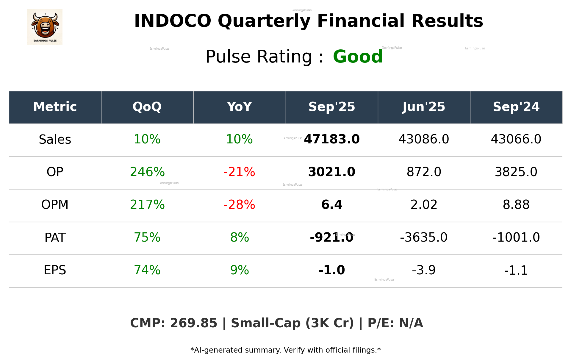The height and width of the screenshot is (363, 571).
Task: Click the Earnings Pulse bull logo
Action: tap(45, 26)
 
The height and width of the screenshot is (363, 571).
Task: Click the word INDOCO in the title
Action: tap(173, 21)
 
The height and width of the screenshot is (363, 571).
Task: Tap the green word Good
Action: tap(358, 57)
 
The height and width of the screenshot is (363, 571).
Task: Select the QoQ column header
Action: tap(147, 107)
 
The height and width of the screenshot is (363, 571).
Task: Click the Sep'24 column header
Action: tap(516, 107)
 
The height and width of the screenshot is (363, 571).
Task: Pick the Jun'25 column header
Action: tap(424, 107)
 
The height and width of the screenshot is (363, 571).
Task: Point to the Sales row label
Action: tap(55, 140)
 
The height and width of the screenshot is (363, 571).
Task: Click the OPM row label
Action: tap(55, 205)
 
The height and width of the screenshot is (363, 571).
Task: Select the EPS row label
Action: tap(55, 270)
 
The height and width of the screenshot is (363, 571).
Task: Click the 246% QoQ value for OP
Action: tap(147, 172)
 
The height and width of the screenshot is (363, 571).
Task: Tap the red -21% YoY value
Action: tap(239, 172)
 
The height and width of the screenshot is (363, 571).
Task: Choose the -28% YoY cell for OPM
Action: tap(239, 205)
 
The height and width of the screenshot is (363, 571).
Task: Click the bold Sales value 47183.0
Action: tap(332, 139)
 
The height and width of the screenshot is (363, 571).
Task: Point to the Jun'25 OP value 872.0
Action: tap(424, 172)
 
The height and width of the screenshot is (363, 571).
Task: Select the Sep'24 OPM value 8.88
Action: tap(516, 205)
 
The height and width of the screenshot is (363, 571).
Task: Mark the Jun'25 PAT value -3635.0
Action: tap(424, 237)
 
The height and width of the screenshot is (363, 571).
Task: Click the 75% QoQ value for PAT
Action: tap(147, 237)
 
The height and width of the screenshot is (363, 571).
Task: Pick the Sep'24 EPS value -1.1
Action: tap(516, 270)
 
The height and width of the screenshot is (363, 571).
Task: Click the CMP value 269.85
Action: tap(193, 323)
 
